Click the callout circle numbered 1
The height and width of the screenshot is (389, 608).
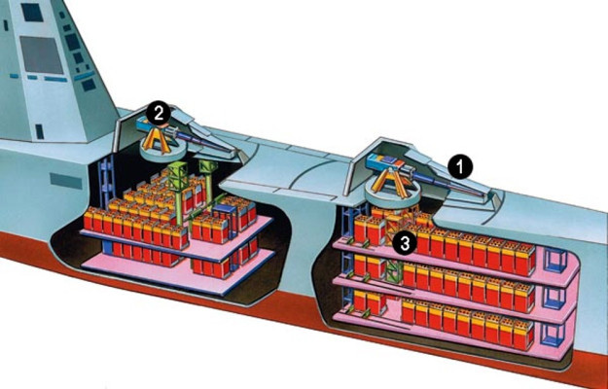[460, 167]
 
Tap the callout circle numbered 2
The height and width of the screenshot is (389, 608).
[159, 113]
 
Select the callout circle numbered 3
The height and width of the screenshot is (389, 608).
[405, 244]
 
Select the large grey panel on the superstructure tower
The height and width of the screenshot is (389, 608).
[42, 54]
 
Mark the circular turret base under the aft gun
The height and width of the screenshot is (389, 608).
[160, 152]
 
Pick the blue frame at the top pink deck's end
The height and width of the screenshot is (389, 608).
[555, 260]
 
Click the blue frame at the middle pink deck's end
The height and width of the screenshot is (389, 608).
[554, 299]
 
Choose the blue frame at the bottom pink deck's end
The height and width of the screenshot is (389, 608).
[553, 335]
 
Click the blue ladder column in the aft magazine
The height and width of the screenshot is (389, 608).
[106, 181]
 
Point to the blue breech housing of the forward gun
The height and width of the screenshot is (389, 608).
[384, 161]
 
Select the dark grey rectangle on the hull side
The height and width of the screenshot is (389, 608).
[66, 181]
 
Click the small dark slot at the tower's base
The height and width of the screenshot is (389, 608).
[40, 131]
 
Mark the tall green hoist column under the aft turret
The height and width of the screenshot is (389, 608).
[178, 193]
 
